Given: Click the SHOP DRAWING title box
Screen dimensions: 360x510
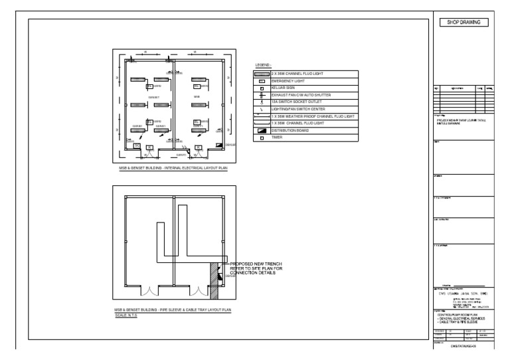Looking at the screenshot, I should (x=464, y=22).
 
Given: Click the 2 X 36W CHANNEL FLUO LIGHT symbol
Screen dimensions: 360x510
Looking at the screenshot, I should (x=262, y=74).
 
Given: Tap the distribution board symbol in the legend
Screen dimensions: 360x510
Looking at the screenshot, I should (x=262, y=130).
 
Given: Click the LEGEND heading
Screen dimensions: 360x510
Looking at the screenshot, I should (x=263, y=65).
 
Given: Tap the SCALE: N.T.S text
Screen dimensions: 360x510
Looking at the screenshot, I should (x=126, y=315).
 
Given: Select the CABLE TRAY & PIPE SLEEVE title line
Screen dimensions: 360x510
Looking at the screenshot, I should (x=458, y=323).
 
